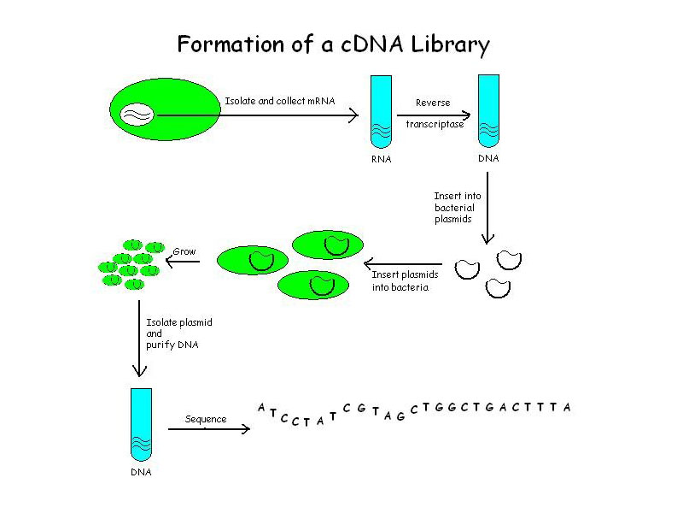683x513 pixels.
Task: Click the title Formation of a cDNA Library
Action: pyautogui.click(x=333, y=44)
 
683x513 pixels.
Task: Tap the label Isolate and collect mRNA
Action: pyautogui.click(x=279, y=101)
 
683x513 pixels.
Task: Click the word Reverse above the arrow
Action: pyautogui.click(x=433, y=103)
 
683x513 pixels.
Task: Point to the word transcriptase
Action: pyautogui.click(x=435, y=124)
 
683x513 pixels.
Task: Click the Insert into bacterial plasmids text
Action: pyautogui.click(x=457, y=208)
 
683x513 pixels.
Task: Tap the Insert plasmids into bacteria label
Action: pyautogui.click(x=406, y=280)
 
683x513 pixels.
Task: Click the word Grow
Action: pyautogui.click(x=184, y=251)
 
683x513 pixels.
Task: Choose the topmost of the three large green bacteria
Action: pyautogui.click(x=328, y=245)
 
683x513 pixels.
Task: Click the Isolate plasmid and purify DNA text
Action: pyautogui.click(x=179, y=333)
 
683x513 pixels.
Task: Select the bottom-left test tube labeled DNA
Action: pyautogui.click(x=142, y=423)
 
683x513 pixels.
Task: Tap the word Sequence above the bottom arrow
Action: pyautogui.click(x=206, y=419)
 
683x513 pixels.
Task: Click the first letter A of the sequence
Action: pyautogui.click(x=261, y=407)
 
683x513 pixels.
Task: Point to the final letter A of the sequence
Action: pyautogui.click(x=567, y=407)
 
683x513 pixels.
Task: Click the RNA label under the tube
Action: pyautogui.click(x=381, y=160)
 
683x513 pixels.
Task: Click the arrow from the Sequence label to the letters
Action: pyautogui.click(x=209, y=428)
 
